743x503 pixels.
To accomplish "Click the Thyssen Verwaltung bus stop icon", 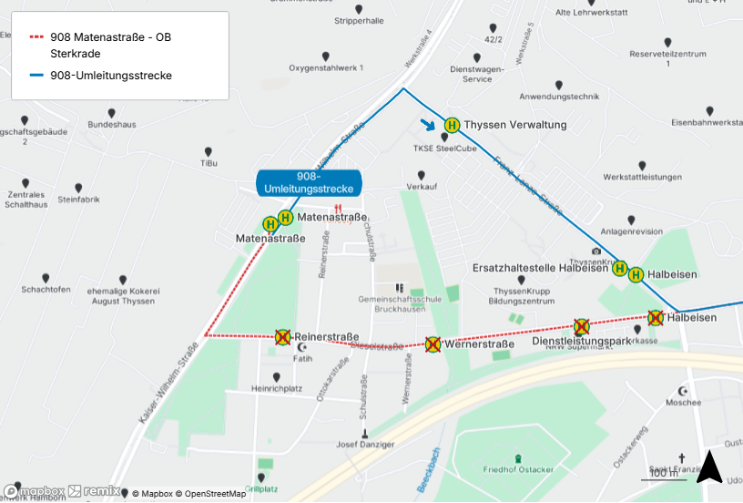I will pos(452,125).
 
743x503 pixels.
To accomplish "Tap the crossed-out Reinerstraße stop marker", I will pos(283,337).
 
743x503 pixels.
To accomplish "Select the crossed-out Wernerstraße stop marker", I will pos(433,344).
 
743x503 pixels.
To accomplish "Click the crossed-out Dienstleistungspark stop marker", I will pos(581,326).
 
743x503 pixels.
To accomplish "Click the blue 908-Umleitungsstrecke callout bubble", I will pos(310,181).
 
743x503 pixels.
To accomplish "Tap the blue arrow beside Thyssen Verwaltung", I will pos(427,125).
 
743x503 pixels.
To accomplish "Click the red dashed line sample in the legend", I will pos(36,37).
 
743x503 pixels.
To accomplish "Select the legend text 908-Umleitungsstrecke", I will pos(111,76).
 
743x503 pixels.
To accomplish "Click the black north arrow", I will pos(708,467).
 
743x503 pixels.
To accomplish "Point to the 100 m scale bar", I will pos(663,476).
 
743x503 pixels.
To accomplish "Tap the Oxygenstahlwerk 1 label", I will pos(326,68).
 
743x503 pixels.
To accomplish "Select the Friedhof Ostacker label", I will pos(518,469).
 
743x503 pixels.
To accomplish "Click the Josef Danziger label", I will pos(365,445).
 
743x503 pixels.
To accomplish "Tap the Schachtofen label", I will pos(46,290).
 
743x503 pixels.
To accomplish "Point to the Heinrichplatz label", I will pos(277,389).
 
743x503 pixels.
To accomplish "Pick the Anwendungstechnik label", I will pos(559,97).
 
